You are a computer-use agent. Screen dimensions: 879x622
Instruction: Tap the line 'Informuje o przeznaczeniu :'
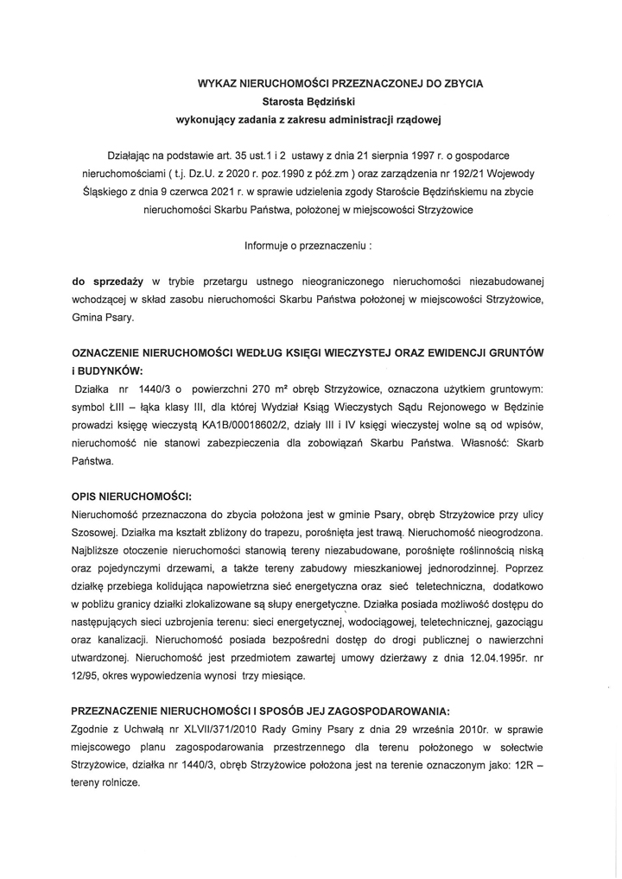click(x=309, y=244)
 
